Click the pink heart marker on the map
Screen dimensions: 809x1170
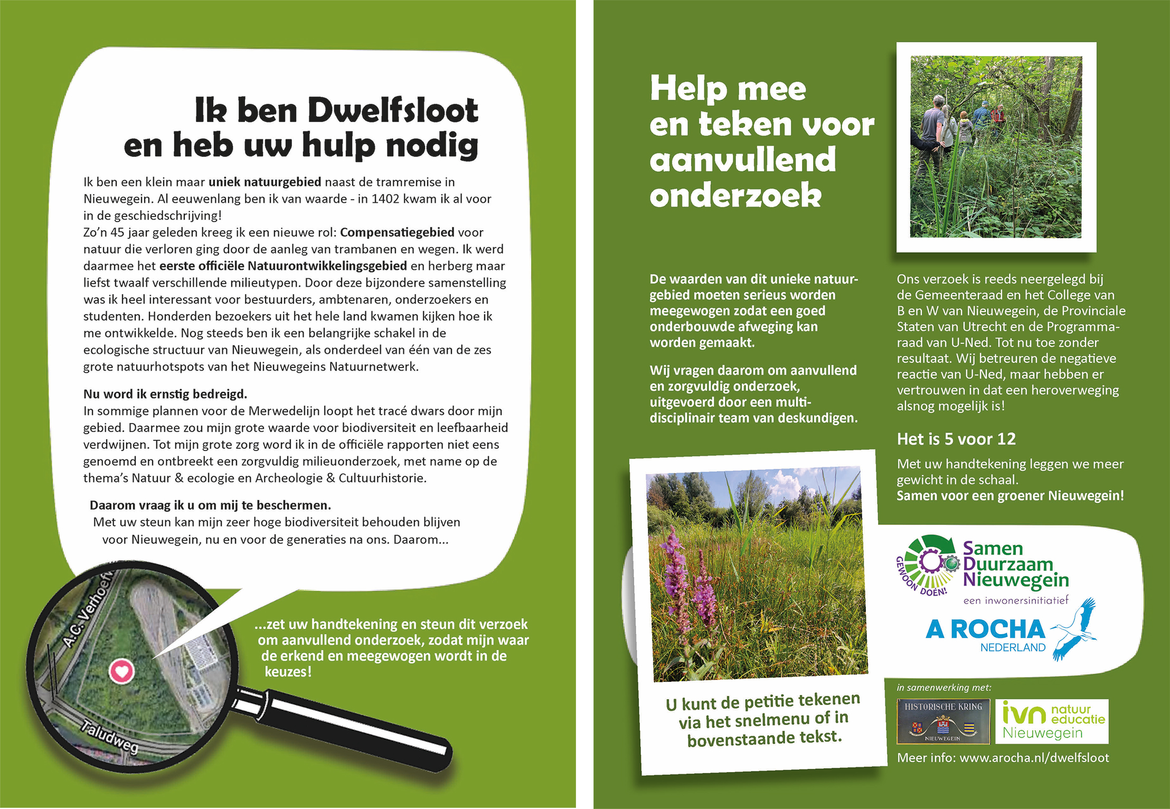121,671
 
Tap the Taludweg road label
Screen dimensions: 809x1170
110,736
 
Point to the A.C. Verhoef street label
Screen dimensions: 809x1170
88,609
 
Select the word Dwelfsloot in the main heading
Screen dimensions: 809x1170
393,110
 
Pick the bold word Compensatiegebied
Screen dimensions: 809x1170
397,232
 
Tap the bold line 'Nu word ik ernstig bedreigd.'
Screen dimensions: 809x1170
165,394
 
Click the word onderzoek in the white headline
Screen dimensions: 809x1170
735,196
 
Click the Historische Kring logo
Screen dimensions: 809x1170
943,721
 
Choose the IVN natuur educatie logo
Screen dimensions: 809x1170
1052,721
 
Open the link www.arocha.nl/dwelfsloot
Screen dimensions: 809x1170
1034,758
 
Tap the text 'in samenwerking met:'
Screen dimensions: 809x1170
944,688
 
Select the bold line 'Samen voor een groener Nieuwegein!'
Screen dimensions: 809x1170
1010,496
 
